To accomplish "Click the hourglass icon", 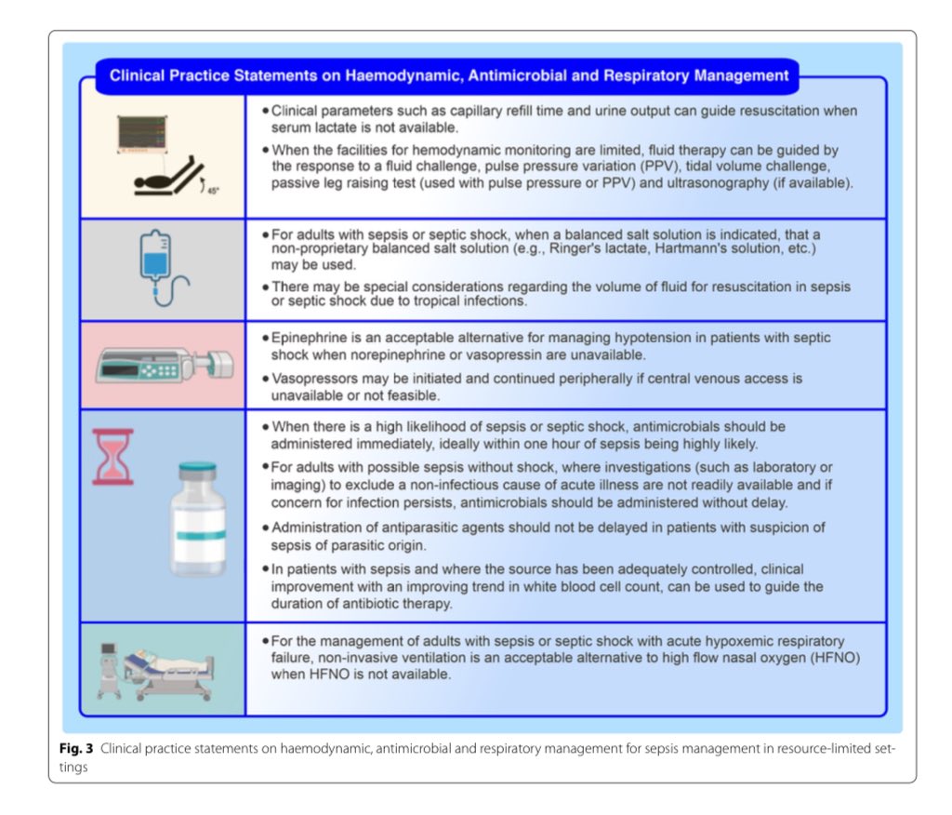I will coord(112,457).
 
